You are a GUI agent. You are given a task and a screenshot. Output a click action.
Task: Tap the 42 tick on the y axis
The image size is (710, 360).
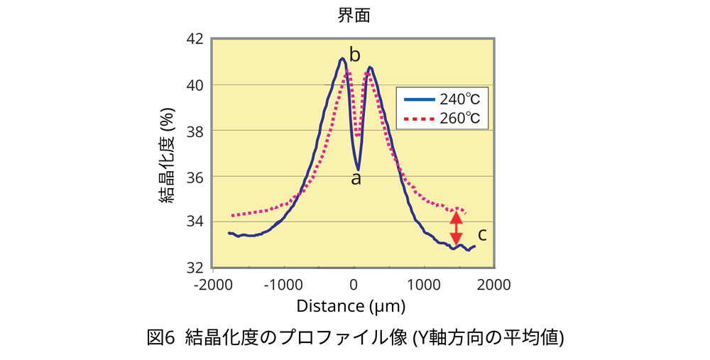click(x=194, y=39)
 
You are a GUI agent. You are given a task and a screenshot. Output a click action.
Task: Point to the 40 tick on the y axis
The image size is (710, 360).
click(x=194, y=84)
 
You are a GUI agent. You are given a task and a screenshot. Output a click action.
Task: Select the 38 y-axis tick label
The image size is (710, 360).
click(x=194, y=131)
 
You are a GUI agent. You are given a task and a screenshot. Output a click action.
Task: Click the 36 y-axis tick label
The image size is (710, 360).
click(x=194, y=176)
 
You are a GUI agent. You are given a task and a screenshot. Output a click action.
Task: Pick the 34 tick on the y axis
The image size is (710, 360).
click(x=194, y=222)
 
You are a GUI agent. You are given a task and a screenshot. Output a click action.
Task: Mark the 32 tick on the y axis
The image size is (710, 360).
click(x=194, y=267)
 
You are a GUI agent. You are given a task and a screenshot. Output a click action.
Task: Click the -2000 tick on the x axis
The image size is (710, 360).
click(x=211, y=284)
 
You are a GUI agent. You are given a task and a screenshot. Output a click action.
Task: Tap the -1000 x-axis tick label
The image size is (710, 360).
click(x=282, y=284)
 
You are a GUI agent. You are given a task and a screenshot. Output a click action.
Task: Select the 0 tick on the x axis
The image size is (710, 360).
click(x=354, y=284)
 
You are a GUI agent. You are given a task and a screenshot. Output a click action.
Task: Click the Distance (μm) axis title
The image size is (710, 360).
click(x=351, y=307)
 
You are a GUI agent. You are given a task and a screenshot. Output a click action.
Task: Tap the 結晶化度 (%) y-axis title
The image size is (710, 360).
click(x=170, y=153)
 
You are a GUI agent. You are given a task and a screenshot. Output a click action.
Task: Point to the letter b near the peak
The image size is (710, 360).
click(x=355, y=55)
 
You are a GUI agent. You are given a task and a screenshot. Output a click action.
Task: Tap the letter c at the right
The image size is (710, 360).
click(x=481, y=234)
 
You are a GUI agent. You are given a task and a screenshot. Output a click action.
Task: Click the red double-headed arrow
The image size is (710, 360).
click(x=457, y=228)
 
